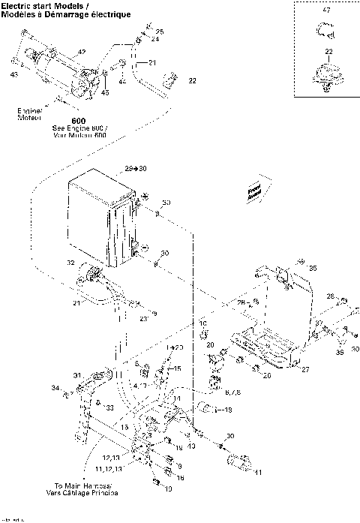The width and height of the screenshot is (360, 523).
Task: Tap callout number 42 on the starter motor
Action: click(82, 52)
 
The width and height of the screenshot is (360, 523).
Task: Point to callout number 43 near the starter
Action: click(15, 75)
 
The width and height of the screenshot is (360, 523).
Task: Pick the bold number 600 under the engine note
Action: click(78, 121)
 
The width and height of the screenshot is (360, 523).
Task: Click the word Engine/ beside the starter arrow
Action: click(29, 112)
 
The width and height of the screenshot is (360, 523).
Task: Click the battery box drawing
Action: click(103, 218)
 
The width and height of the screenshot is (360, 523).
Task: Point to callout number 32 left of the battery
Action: click(70, 263)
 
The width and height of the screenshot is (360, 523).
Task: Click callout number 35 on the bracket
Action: click(313, 267)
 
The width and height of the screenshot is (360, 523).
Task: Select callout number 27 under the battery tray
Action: click(305, 368)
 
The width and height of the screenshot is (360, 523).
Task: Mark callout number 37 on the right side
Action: click(318, 323)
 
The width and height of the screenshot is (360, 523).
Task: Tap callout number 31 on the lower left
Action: click(76, 375)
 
